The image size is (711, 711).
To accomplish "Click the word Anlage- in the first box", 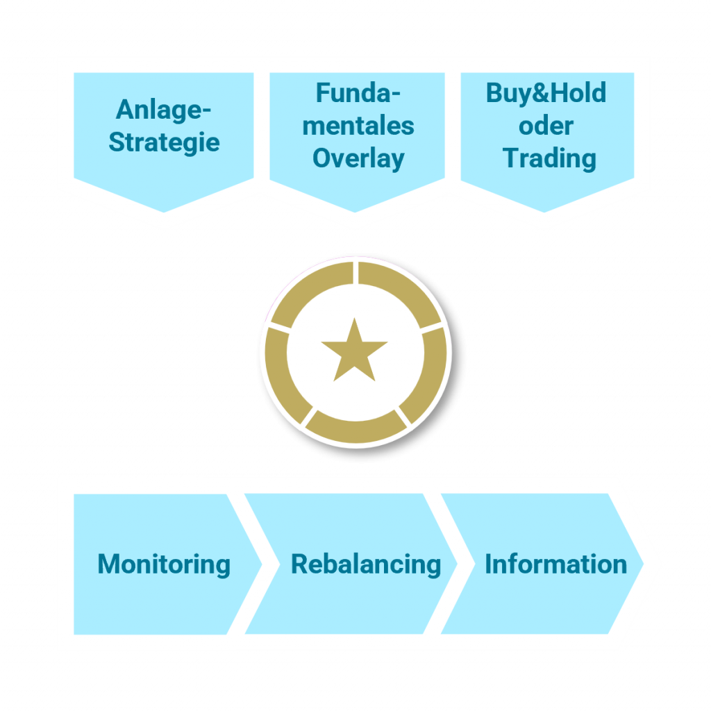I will (x=165, y=109).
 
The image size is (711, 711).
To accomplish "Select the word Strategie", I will (x=165, y=142).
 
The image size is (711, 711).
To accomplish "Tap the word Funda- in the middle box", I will (x=358, y=93).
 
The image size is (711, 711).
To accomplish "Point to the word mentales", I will (x=358, y=126).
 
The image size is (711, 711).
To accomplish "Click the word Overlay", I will (x=358, y=158).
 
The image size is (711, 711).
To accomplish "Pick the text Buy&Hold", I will (x=546, y=93).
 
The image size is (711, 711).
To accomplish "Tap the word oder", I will (x=546, y=126).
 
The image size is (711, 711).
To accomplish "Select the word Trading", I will (x=549, y=158).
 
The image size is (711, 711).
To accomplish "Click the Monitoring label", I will (x=164, y=564).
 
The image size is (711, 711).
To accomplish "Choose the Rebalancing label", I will (x=366, y=564).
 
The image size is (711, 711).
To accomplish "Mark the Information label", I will (x=555, y=564).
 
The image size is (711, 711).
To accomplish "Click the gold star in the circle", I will (x=355, y=351).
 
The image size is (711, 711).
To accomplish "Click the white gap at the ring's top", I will (x=355, y=272).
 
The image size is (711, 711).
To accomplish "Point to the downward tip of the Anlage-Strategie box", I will (x=165, y=210).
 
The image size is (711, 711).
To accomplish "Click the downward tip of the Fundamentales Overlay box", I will (x=355, y=210).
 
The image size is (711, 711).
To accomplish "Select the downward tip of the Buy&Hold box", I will (x=545, y=210).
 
